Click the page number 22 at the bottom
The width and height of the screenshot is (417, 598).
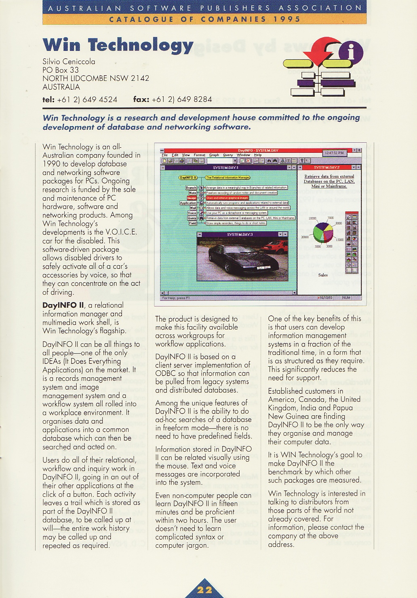pyautogui.click(x=204, y=590)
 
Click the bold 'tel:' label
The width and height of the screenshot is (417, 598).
pyautogui.click(x=49, y=99)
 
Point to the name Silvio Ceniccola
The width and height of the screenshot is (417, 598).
pyautogui.click(x=69, y=61)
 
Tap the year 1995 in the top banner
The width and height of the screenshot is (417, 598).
pyautogui.click(x=286, y=19)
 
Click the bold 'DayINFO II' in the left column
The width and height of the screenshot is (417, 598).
pyautogui.click(x=63, y=305)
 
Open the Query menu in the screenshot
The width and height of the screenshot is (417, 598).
pyautogui.click(x=228, y=155)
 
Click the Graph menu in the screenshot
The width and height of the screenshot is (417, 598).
pyautogui.click(x=214, y=155)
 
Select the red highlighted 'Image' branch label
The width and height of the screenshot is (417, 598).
pyautogui.click(x=191, y=198)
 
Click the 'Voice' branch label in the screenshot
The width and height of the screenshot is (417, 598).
pyautogui.click(x=192, y=213)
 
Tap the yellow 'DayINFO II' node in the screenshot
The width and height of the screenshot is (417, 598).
pyautogui.click(x=188, y=177)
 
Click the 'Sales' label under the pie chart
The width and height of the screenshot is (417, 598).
pyautogui.click(x=323, y=275)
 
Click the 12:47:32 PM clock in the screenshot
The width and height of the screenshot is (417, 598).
pyautogui.click(x=335, y=153)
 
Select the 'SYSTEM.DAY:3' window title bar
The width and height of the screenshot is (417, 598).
pyautogui.click(x=240, y=235)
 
